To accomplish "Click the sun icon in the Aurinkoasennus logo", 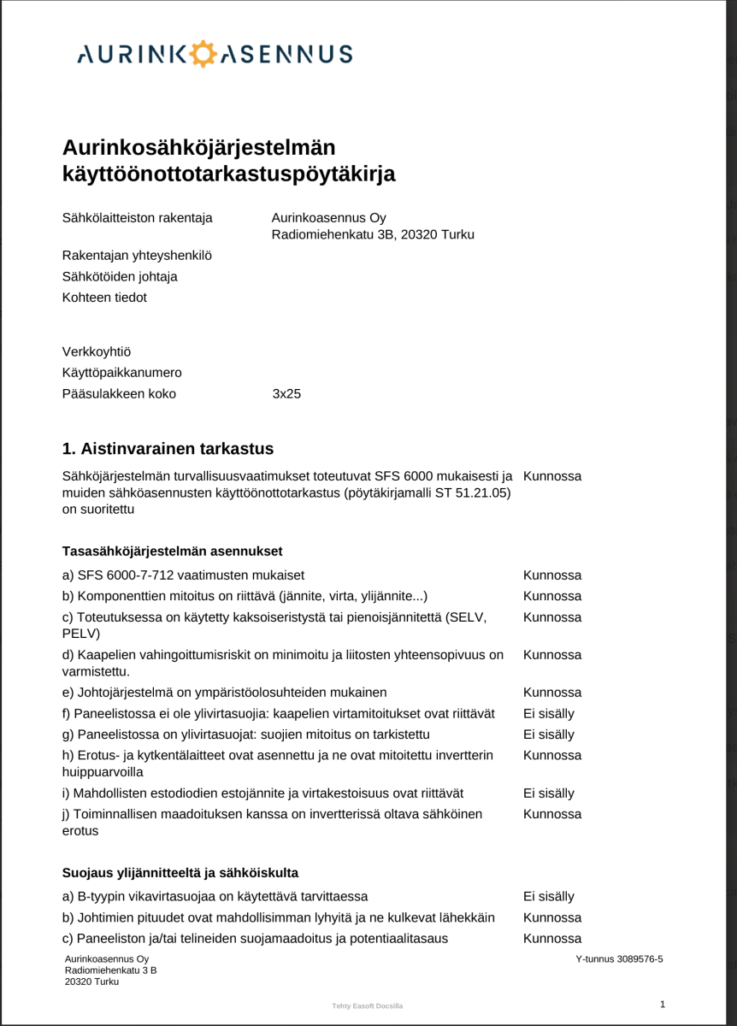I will pos(202,54).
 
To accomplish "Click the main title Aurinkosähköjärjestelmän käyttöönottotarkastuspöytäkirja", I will pos(229,161).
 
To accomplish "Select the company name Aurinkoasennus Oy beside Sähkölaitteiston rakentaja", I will pos(329,218).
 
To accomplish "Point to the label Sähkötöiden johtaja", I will pos(120,277).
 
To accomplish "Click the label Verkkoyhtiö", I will pos(97,352).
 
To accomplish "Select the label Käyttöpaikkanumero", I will pos(122,373).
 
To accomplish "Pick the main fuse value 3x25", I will pos(286,394).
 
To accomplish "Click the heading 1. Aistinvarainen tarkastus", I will pos(168,449).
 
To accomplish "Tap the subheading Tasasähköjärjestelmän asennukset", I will pos(173,551).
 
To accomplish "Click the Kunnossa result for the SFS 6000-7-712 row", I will pos(552,575).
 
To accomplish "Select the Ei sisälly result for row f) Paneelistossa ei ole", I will pos(549,713).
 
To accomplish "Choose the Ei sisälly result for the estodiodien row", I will pos(549,793).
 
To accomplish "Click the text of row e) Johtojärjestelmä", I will pos(225,693).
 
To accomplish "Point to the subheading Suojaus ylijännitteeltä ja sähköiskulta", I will pos(180,873).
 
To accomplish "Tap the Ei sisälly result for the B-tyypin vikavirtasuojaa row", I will pos(549,897).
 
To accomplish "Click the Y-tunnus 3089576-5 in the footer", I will pos(620,959).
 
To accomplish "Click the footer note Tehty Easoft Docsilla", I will pos(367,1006).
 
